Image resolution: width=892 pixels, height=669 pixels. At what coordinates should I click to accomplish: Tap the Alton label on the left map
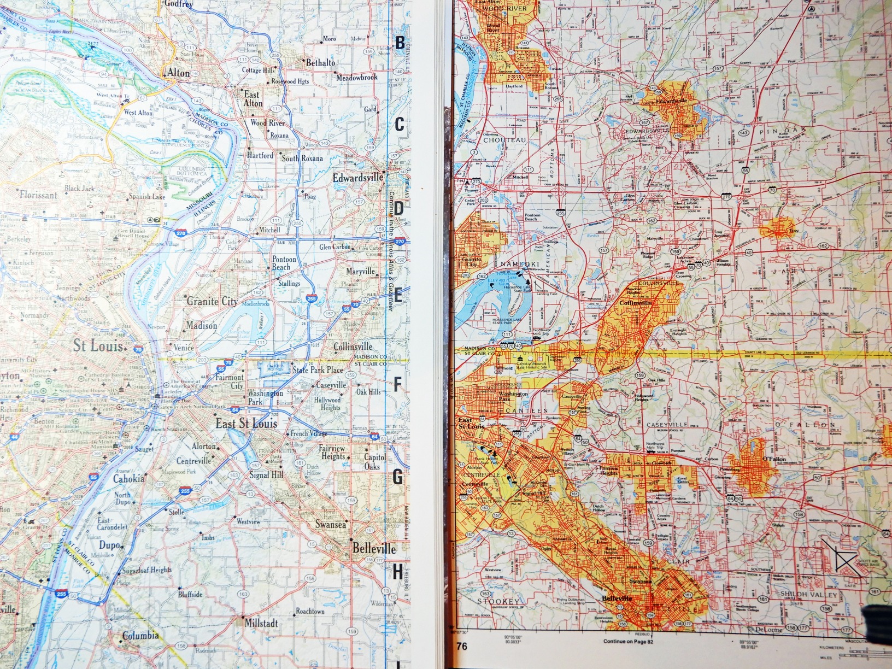click(x=178, y=73)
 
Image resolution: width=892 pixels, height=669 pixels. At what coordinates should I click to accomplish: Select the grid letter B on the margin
click(x=400, y=43)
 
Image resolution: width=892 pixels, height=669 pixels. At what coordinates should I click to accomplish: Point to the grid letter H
click(x=397, y=572)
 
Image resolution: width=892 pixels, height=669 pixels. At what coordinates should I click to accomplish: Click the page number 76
click(x=462, y=647)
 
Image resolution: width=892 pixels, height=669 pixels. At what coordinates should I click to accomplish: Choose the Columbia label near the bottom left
click(x=140, y=636)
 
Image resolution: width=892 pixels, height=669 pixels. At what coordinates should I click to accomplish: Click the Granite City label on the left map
click(x=213, y=301)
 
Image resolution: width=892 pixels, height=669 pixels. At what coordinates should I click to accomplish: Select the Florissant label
click(x=38, y=195)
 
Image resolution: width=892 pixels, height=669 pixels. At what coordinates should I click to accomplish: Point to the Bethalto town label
click(x=320, y=63)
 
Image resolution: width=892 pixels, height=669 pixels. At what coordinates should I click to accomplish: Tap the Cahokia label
click(x=129, y=479)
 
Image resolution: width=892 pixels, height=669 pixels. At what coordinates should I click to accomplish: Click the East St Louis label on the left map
click(x=246, y=424)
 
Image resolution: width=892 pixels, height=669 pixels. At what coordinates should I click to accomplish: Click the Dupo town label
click(x=109, y=545)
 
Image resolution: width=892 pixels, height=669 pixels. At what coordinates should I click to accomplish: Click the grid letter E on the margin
click(x=398, y=297)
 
